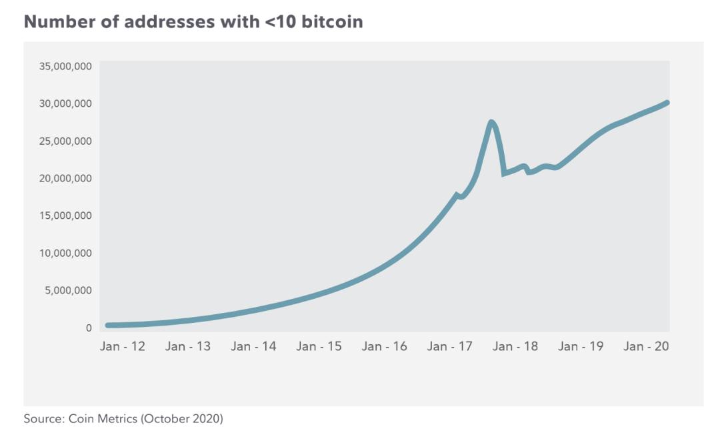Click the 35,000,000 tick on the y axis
[x=65, y=66]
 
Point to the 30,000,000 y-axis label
[x=65, y=103]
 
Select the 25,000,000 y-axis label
[x=65, y=141]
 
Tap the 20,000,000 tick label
[x=65, y=178]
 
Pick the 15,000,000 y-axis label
[x=65, y=215]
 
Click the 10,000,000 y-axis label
[x=65, y=254]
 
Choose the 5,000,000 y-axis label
[x=68, y=290]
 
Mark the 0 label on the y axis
[x=89, y=328]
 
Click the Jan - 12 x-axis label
[x=123, y=346]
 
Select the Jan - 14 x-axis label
[x=253, y=346]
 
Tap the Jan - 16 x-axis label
[x=385, y=346]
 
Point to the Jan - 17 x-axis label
[x=449, y=346]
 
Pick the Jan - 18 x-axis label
[x=515, y=346]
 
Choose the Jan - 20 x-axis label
[x=646, y=346]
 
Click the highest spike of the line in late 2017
[x=491, y=123]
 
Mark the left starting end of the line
[x=108, y=325]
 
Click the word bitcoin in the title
[x=332, y=21]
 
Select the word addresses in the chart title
[x=169, y=21]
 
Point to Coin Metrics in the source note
[x=103, y=419]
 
